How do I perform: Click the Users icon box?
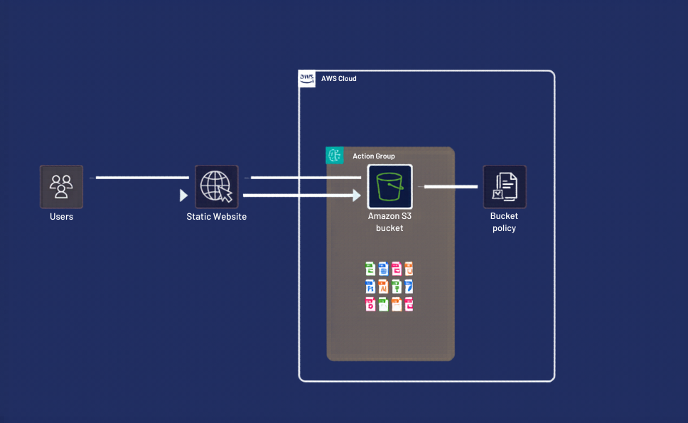coord(61,186)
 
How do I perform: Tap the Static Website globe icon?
coord(216,186)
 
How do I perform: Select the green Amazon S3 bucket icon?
coord(389,186)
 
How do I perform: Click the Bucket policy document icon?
coord(505,186)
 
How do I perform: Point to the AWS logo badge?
coord(307,78)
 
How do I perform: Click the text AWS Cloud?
coord(339,79)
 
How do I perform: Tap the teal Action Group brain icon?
coord(334,156)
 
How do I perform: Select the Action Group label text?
coord(374,156)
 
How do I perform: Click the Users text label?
coord(61,217)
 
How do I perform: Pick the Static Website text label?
coord(216,217)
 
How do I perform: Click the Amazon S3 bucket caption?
coord(389,222)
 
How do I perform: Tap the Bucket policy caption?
coord(504,222)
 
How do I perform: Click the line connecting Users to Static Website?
coord(142,178)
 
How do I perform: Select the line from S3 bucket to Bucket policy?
coord(451,187)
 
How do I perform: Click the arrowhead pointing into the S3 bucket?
coord(358,195)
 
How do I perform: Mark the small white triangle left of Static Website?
coord(183,195)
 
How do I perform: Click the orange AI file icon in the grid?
coord(383,287)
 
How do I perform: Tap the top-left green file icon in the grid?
coord(370,269)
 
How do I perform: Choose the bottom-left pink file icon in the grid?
coord(370,304)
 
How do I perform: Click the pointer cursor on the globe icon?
coord(225,195)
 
